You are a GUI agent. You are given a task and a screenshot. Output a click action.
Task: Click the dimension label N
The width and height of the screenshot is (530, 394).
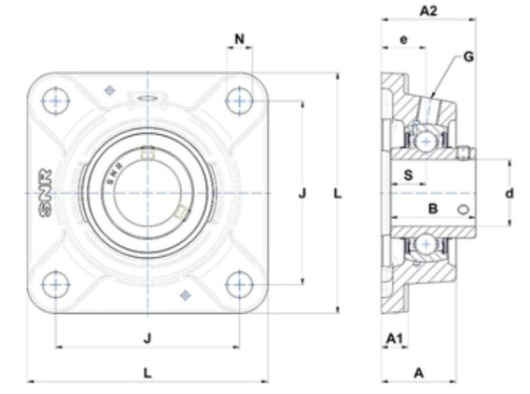pyautogui.click(x=239, y=39)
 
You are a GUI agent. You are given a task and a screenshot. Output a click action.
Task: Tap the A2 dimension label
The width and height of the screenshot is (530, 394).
pyautogui.click(x=428, y=11)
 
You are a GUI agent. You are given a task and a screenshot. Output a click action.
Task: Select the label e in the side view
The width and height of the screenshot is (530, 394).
pyautogui.click(x=404, y=40)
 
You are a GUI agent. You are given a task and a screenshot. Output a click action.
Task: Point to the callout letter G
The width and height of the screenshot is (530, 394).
pyautogui.click(x=468, y=57)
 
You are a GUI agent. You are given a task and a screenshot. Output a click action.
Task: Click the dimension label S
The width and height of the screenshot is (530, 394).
pyautogui.click(x=409, y=175)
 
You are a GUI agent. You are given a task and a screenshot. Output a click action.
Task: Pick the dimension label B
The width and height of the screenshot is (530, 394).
pyautogui.click(x=433, y=209)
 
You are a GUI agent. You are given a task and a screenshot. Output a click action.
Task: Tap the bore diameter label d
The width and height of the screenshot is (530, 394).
pyautogui.click(x=509, y=194)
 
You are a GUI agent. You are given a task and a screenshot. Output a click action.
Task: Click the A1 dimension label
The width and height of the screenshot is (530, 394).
pyautogui.click(x=395, y=338)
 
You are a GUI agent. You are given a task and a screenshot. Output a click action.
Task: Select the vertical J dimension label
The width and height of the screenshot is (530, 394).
pyautogui.click(x=302, y=194)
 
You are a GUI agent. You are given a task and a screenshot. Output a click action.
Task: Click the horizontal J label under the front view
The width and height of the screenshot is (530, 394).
pyautogui.click(x=147, y=338)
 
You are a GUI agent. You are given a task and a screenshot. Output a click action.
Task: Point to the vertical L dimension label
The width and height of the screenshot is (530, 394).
pyautogui.click(x=338, y=194)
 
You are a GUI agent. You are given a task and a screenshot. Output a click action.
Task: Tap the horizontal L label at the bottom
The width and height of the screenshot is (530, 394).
pyautogui.click(x=147, y=374)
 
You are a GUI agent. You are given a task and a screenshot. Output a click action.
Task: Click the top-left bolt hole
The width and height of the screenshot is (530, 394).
pyautogui.click(x=55, y=101)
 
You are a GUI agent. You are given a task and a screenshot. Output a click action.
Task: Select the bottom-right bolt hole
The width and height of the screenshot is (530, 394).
pyautogui.click(x=239, y=285)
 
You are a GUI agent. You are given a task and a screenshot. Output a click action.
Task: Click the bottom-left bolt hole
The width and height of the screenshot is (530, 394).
pyautogui.click(x=55, y=285)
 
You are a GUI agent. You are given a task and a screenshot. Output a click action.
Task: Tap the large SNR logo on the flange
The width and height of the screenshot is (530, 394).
pyautogui.click(x=46, y=193)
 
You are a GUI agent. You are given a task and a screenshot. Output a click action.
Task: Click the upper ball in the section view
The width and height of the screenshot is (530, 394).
pyautogui.click(x=425, y=142)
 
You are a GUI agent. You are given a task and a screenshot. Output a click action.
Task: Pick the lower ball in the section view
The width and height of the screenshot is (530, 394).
pyautogui.click(x=425, y=244)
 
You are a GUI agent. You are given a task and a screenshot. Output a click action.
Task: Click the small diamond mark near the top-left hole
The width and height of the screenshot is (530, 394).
pyautogui.click(x=109, y=90)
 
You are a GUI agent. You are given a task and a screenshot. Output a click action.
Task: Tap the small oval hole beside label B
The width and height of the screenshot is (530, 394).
pyautogui.click(x=464, y=210)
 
